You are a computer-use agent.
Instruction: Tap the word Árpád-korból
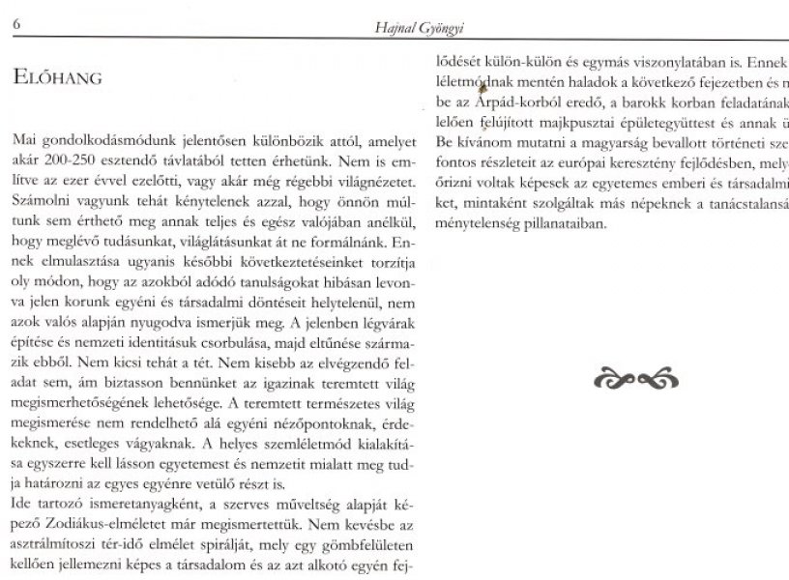coord(503,103)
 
